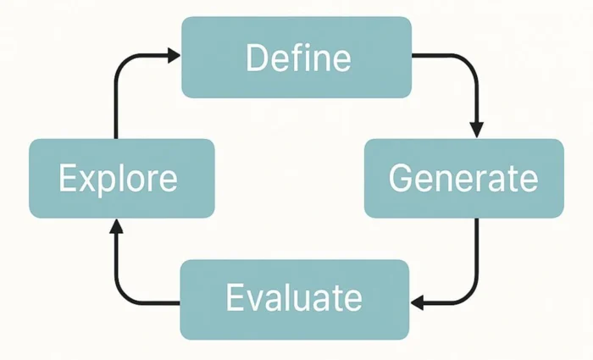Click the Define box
tap(296, 58)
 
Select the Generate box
tap(463, 179)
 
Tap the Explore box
tap(121, 179)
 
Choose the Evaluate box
tap(294, 299)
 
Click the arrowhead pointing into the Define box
tap(174, 56)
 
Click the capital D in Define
tap(256, 58)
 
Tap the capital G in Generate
tap(401, 179)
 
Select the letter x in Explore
tap(87, 180)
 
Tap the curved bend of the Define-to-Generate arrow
tap(470, 63)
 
